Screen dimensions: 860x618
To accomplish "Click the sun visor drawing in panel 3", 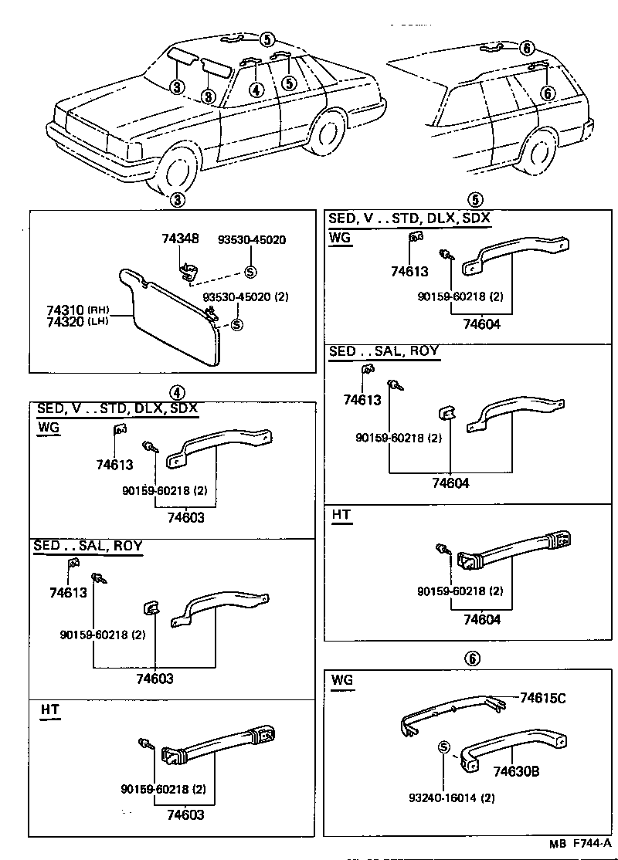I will [174, 313].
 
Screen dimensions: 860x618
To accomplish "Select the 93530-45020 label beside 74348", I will [250, 240].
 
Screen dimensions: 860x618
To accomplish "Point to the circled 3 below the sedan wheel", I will [177, 199].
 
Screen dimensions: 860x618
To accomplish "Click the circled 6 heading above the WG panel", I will [473, 659].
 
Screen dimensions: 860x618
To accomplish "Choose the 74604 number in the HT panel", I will [482, 619].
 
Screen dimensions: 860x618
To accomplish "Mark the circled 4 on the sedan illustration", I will [256, 90].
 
